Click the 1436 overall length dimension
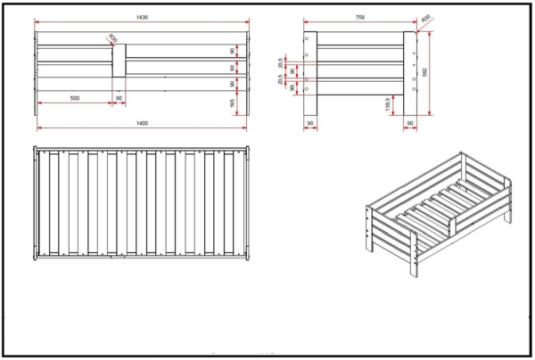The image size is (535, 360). (142, 16)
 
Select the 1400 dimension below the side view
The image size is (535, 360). (142, 122)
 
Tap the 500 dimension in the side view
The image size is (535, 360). (72, 98)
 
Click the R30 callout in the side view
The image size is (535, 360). (111, 37)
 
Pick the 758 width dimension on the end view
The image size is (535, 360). (359, 16)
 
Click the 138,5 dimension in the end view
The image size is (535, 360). (389, 104)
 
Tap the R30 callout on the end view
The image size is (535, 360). (425, 18)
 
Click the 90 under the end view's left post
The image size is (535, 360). (309, 122)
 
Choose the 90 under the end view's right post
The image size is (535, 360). (410, 122)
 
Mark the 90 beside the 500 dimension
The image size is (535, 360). (118, 98)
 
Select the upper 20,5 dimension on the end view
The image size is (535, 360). (282, 62)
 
